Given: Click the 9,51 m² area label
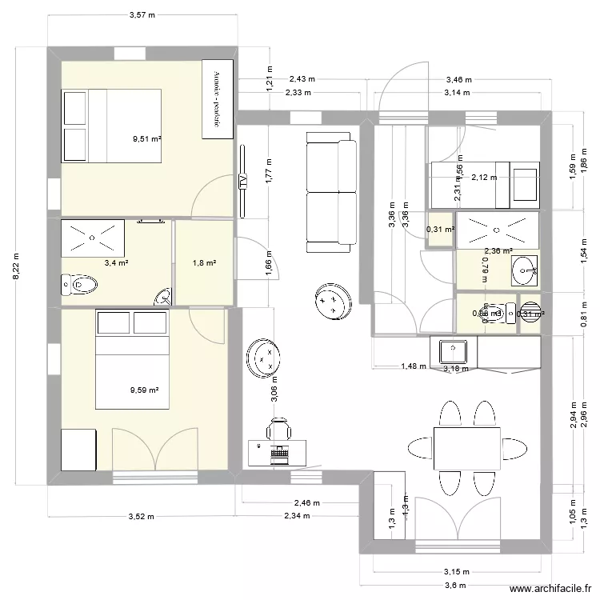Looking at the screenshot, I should pyautogui.click(x=147, y=138).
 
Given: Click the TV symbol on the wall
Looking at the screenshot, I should pyautogui.click(x=242, y=182).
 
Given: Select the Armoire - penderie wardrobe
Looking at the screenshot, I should pyautogui.click(x=217, y=98).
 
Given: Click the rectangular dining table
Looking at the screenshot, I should pyautogui.click(x=466, y=449).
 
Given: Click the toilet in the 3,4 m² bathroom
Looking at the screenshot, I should pyautogui.click(x=79, y=283).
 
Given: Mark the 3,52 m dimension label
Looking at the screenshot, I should pyautogui.click(x=141, y=517).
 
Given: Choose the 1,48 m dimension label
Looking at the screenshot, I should pyautogui.click(x=413, y=367).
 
